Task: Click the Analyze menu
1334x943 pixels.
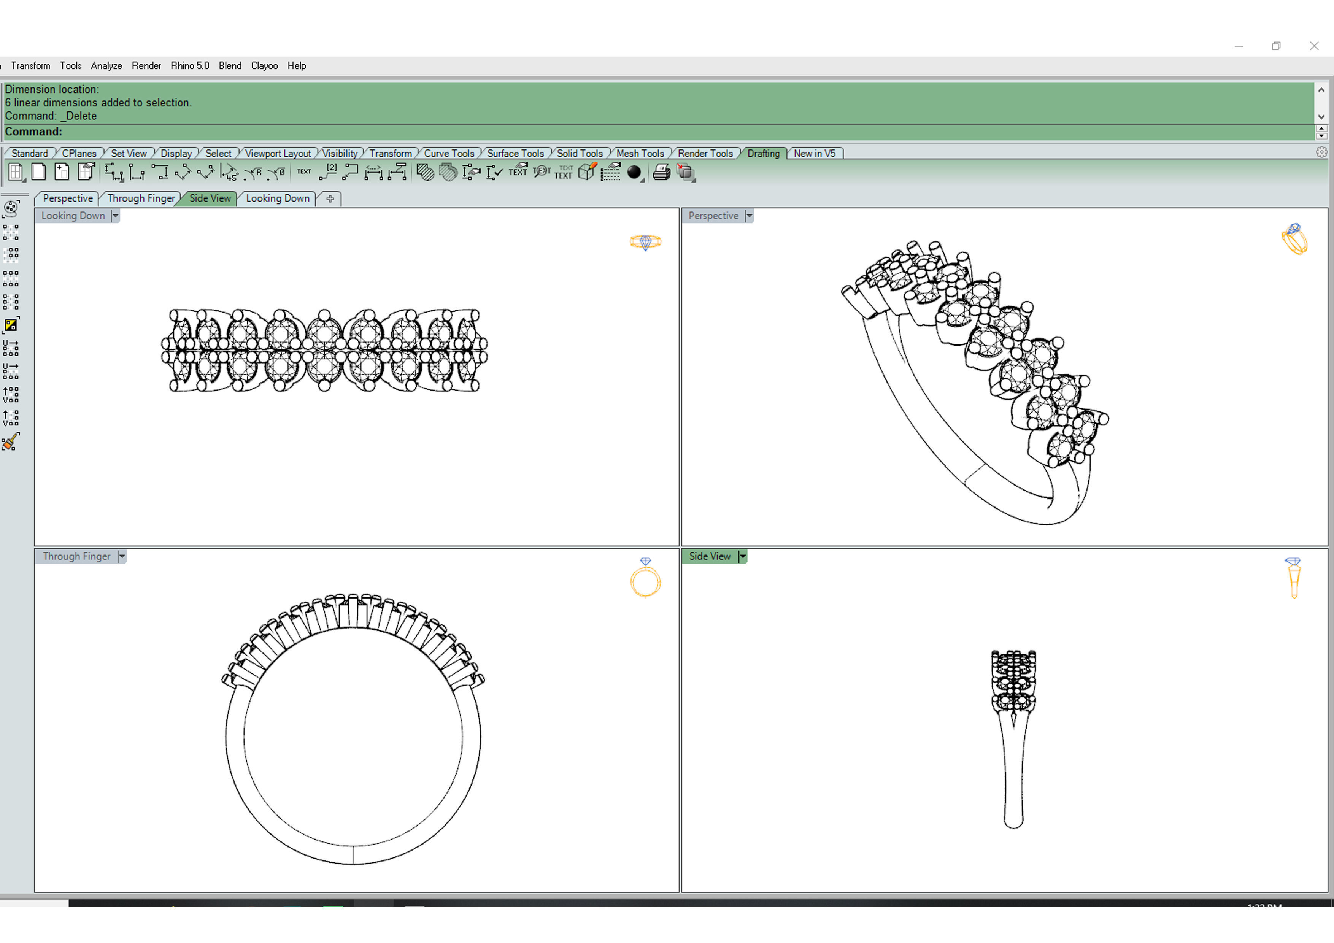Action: click(x=106, y=66)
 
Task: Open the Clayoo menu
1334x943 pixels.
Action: click(x=264, y=66)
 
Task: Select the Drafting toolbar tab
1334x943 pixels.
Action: click(x=763, y=153)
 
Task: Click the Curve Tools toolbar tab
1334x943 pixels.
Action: click(x=449, y=153)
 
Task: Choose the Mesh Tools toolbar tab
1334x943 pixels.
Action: click(x=640, y=153)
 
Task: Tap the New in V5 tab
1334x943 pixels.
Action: click(x=814, y=153)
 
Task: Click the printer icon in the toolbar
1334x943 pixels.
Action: click(x=661, y=172)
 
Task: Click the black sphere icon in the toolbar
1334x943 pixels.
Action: click(x=634, y=172)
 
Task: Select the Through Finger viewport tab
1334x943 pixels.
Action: click(x=141, y=198)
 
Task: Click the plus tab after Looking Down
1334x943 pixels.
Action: click(x=330, y=199)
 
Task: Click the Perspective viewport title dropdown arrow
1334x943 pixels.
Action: click(x=750, y=216)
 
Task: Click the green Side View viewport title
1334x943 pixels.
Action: click(x=710, y=556)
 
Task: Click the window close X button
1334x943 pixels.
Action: click(x=1314, y=46)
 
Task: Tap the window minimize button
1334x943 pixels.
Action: click(x=1239, y=46)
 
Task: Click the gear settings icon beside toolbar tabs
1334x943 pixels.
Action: click(x=1321, y=152)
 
